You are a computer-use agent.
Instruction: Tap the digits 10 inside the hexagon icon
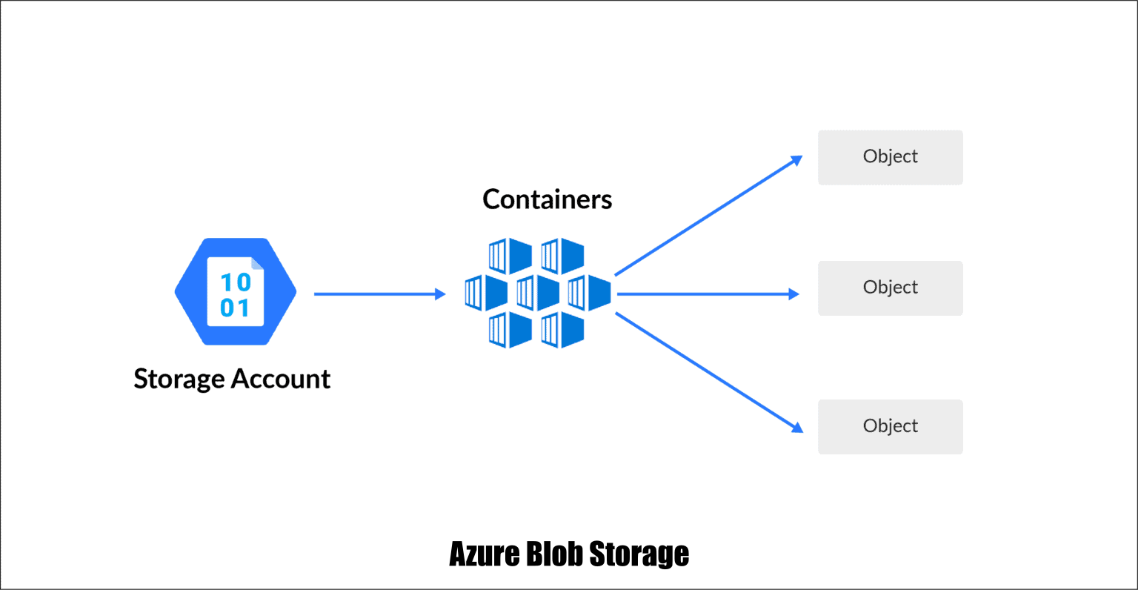[x=236, y=282]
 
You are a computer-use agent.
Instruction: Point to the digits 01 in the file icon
[x=236, y=308]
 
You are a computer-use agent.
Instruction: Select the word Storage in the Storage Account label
[x=179, y=379]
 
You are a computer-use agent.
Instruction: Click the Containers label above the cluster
[x=547, y=199]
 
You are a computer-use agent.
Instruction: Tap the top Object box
[x=890, y=157]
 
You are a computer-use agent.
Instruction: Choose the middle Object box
[x=890, y=288]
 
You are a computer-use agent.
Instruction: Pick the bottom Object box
[x=890, y=426]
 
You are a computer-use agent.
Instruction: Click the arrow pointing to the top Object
[x=708, y=216]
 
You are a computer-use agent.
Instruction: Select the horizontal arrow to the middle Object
[x=708, y=294]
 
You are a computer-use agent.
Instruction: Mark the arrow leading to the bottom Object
[x=708, y=371]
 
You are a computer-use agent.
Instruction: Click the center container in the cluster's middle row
[x=537, y=293]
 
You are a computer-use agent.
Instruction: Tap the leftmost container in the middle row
[x=485, y=293]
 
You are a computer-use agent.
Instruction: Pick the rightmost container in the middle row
[x=589, y=293]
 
